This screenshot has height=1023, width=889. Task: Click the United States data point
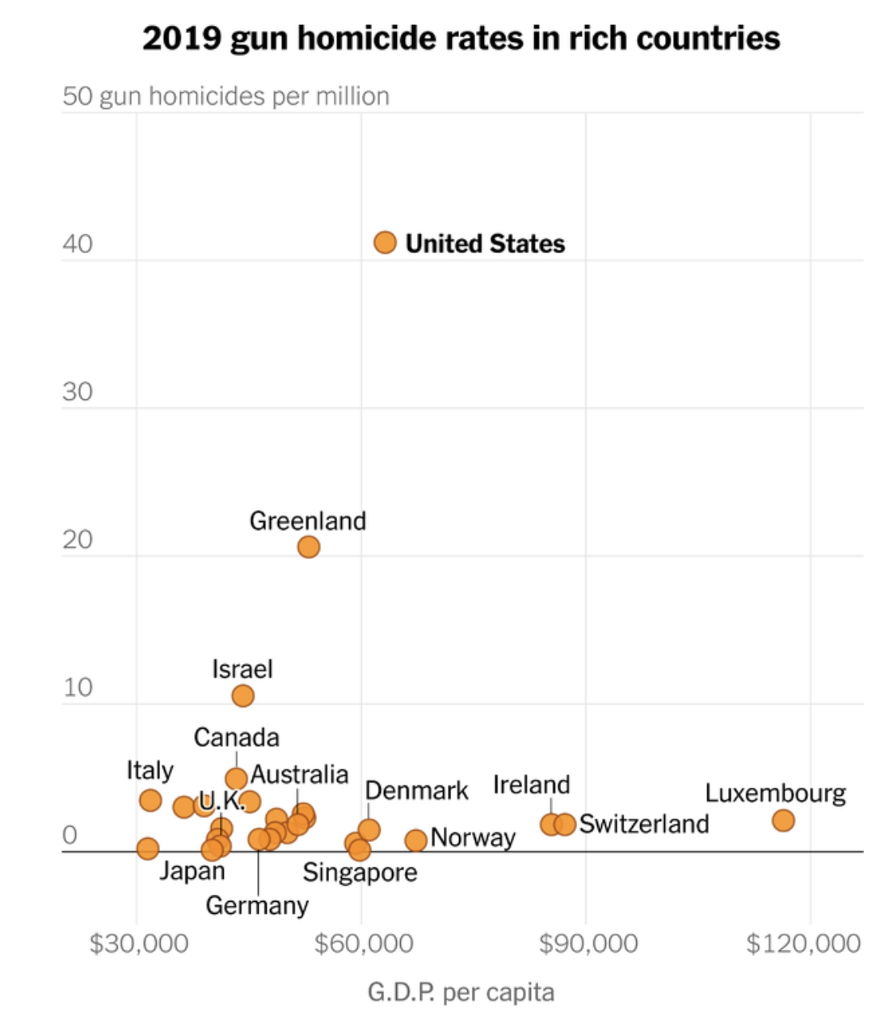385,242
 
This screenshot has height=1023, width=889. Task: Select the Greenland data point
308,547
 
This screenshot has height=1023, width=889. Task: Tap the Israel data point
242,696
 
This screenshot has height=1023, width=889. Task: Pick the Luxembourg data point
782,821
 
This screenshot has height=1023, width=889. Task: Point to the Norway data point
415,840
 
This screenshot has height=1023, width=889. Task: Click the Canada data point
236,779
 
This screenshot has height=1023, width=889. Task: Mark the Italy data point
150,801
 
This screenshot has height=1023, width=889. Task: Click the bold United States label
485,243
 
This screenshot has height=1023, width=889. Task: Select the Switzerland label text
644,824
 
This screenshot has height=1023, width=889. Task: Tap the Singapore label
360,873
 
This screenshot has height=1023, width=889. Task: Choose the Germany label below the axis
257,906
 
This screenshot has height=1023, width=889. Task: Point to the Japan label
192,871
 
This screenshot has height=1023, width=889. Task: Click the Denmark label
416,790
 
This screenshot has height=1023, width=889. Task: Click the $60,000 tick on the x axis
364,943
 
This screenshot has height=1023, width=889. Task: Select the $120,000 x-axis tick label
803,943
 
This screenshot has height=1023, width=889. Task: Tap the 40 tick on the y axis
78,244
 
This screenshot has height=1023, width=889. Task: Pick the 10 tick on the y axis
78,688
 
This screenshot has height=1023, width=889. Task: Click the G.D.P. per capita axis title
461,992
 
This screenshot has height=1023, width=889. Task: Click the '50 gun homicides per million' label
225,96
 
